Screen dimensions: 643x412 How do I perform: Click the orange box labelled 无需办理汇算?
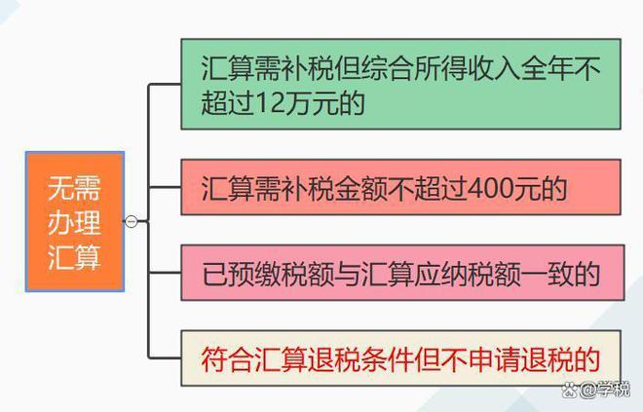click(75, 221)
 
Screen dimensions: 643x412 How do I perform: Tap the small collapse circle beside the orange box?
click(131, 221)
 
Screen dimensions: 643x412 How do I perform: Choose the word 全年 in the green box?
click(548, 68)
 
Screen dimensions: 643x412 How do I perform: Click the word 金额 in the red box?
click(360, 189)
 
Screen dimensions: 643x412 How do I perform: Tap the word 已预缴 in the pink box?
click(242, 274)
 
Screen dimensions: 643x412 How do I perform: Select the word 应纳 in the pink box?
click(439, 274)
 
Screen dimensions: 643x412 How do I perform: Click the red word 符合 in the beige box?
click(228, 359)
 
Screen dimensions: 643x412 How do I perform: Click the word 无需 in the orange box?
click(74, 188)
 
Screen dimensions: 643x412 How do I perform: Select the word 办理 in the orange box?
click(74, 223)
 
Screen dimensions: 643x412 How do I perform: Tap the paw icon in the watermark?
click(570, 390)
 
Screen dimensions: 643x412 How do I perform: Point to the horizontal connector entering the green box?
click(165, 85)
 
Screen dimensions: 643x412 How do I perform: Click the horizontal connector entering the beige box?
click(165, 358)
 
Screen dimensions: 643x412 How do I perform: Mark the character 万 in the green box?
click(298, 102)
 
